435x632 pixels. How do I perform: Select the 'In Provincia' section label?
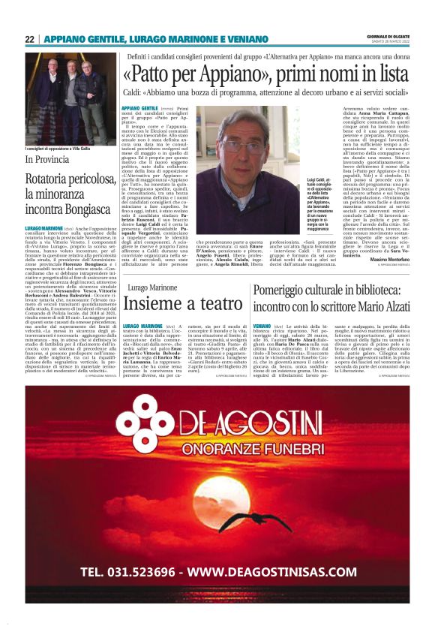tap(47, 160)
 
